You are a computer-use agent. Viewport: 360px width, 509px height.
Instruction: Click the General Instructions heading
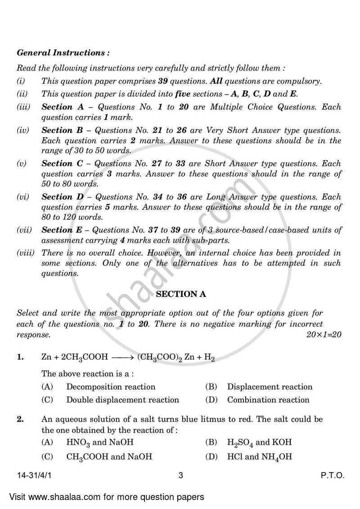coord(63,53)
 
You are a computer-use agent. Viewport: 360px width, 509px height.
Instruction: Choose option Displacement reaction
coord(269,387)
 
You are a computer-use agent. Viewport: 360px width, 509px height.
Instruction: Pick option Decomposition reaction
coord(111,387)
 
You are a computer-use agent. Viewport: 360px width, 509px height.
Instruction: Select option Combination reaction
coord(268,400)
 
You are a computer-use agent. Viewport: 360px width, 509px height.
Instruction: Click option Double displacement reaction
coord(122,400)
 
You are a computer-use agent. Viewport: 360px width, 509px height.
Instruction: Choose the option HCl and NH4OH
coord(259,457)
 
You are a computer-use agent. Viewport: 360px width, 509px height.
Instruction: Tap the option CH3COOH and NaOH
coord(109,457)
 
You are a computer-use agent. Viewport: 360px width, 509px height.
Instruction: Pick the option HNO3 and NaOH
coord(100,442)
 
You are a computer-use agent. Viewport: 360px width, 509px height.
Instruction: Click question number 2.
coord(20,419)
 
